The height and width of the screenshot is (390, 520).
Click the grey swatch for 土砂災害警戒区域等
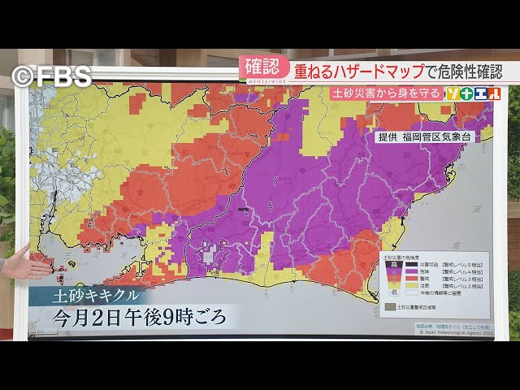(390, 307)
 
